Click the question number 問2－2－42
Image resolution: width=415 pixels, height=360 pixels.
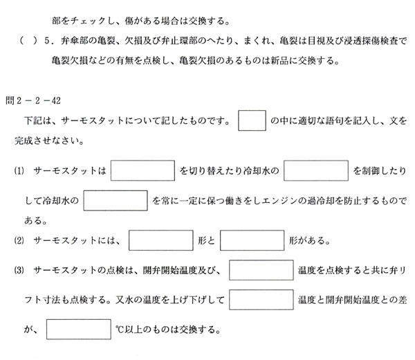(x=33, y=100)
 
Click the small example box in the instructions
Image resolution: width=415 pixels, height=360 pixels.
(x=252, y=120)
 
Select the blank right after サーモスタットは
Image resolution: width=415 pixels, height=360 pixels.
(x=142, y=170)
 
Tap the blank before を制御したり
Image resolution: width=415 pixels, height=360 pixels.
(x=316, y=170)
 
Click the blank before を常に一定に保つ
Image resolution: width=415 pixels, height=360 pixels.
(x=116, y=201)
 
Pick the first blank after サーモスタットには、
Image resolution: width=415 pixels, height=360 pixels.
(x=161, y=240)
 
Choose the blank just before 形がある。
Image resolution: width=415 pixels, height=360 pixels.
(x=252, y=240)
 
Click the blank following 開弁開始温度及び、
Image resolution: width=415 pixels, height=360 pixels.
(x=261, y=270)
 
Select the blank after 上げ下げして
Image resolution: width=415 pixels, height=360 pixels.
(x=261, y=300)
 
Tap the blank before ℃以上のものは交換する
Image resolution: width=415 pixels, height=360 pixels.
(x=79, y=330)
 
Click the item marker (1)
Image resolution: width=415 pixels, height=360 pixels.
(x=19, y=171)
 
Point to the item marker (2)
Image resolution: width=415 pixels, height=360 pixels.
(x=19, y=240)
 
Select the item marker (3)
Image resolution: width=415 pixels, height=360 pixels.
(x=19, y=271)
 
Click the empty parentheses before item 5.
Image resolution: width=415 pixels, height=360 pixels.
(x=28, y=41)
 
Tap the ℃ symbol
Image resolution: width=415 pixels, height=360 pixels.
(x=120, y=330)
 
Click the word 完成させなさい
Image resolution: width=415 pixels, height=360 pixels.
(x=49, y=141)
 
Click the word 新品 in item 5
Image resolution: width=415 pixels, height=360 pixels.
(x=280, y=61)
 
